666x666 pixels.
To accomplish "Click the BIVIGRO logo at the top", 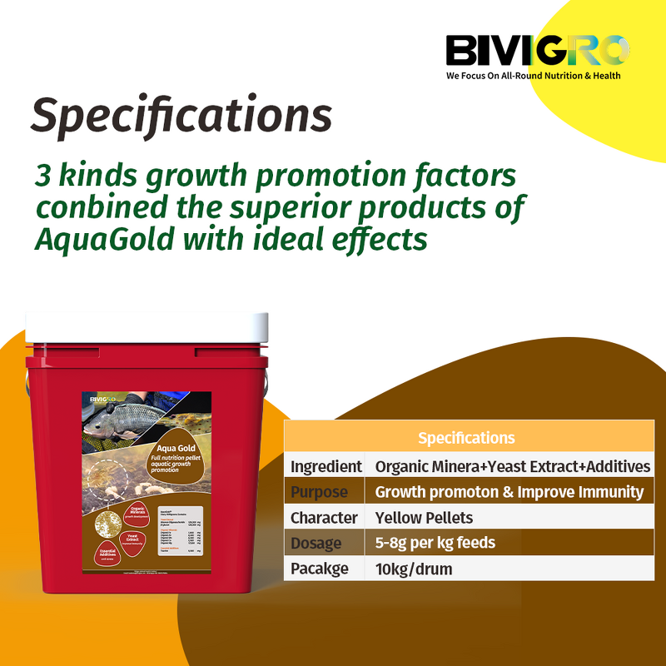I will click(537, 51).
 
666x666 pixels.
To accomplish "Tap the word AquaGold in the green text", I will click(102, 239).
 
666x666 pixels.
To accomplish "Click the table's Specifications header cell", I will click(466, 438).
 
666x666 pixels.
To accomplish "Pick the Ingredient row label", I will click(326, 466).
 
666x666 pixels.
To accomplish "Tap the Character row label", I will click(324, 518).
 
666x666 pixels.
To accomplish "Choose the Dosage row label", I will click(316, 544).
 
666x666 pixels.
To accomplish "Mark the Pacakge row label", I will click(321, 569).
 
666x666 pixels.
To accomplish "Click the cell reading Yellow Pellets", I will click(424, 518).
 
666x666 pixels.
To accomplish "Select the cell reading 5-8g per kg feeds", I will click(435, 544).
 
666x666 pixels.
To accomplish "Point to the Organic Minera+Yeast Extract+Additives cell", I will click(512, 466).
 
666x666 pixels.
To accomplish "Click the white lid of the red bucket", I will click(147, 327).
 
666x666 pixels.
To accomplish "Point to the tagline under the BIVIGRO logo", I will click(533, 75).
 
